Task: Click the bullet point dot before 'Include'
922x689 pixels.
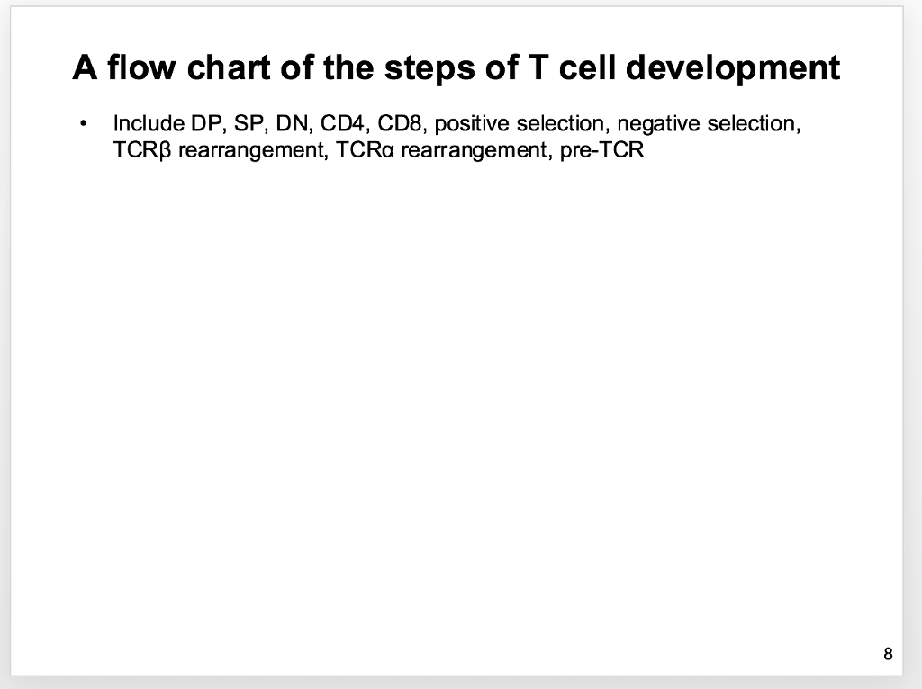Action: coord(83,124)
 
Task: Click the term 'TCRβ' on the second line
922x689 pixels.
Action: coord(142,149)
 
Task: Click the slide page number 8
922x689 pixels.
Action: coord(889,654)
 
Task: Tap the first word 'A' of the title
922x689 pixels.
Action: coord(85,67)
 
